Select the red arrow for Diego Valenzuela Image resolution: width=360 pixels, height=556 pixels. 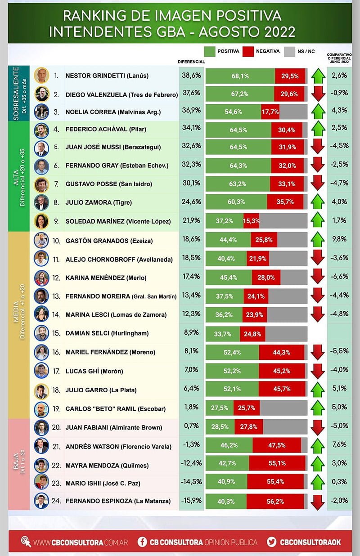pyautogui.click(x=318, y=94)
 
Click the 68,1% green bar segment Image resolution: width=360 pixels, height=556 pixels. pyautogui.click(x=240, y=76)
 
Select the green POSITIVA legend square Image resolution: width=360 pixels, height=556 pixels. pyautogui.click(x=209, y=51)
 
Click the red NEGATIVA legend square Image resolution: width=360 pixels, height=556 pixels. pyautogui.click(x=248, y=51)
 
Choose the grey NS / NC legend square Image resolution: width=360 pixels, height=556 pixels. pyautogui.click(x=289, y=51)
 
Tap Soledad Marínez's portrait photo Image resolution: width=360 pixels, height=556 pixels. pyautogui.click(x=41, y=221)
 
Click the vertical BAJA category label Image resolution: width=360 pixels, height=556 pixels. pyautogui.click(x=16, y=464)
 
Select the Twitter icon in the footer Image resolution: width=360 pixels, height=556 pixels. pyautogui.click(x=271, y=542)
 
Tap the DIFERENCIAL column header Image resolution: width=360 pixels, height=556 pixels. pyautogui.click(x=191, y=61)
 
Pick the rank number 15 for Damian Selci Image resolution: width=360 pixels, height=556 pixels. pyautogui.click(x=57, y=333)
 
